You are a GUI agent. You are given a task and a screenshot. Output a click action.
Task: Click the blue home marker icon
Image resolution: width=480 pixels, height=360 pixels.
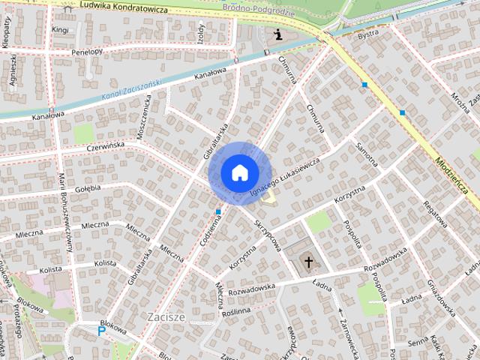238,172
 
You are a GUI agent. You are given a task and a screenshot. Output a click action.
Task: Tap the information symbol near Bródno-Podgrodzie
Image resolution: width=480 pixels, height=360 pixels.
278,34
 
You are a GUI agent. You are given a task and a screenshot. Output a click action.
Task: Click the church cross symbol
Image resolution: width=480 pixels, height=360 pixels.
307,262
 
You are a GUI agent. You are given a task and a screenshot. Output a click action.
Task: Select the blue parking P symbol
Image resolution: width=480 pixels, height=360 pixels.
102,331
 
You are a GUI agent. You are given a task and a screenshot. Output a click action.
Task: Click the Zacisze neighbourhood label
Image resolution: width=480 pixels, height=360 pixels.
166,316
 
